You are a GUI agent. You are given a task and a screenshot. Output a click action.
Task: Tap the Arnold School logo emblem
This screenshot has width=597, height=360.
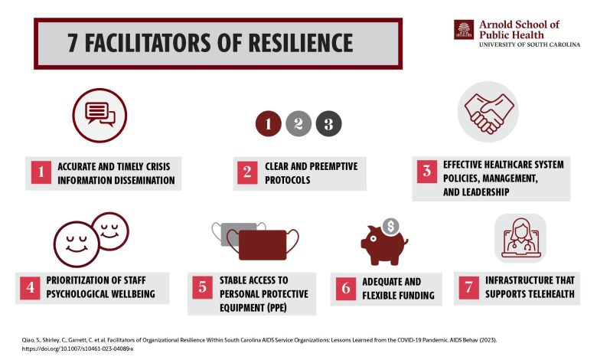[x=464, y=30]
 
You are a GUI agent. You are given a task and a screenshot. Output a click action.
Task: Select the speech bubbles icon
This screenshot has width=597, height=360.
[x=99, y=116]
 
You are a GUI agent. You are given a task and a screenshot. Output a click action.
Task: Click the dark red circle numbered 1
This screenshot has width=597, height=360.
[x=269, y=123]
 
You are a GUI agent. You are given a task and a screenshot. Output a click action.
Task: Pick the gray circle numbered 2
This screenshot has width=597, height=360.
[x=298, y=123]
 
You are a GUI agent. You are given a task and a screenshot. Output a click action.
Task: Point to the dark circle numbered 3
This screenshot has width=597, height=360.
[x=328, y=123]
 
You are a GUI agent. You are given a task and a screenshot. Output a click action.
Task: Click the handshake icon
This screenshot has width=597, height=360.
[x=488, y=113]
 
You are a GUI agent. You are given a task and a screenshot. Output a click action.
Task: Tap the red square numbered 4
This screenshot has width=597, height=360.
[x=30, y=288]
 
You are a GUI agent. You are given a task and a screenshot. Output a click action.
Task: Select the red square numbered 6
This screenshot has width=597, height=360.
[x=346, y=288]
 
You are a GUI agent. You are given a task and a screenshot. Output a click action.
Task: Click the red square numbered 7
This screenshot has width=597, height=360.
[x=468, y=288]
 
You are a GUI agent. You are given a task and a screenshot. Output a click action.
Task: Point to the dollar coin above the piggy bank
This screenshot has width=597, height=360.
[x=390, y=226]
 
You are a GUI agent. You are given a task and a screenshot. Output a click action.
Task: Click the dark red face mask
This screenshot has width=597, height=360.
[x=263, y=244]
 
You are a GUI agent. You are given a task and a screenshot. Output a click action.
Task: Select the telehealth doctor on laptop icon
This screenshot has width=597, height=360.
[x=520, y=238]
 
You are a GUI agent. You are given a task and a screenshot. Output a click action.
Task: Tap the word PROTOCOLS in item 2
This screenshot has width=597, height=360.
[x=288, y=180]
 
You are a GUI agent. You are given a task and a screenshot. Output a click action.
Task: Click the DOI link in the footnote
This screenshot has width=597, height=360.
[x=77, y=349]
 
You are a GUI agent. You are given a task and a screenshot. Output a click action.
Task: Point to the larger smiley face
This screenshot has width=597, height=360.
[x=77, y=244]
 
